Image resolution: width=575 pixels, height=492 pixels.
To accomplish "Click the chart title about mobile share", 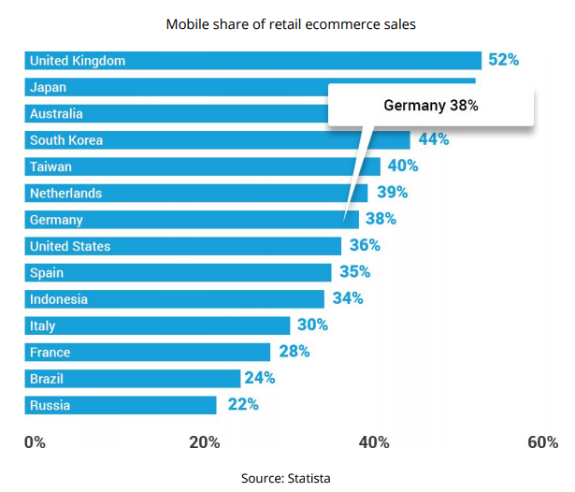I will pos(291,24).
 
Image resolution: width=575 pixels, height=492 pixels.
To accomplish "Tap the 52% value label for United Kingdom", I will pos(503,60).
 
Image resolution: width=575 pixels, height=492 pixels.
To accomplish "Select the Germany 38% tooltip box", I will pos(431,106).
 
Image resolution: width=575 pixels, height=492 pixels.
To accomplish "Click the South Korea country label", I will pos(66,140).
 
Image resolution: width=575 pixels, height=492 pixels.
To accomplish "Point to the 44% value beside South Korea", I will pos(434,139).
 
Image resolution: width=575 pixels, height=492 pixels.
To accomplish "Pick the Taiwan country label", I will pos(50,166).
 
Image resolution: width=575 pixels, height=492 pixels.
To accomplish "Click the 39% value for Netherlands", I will pos(393,193).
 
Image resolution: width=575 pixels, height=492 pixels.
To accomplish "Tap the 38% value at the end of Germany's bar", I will pos(381,219).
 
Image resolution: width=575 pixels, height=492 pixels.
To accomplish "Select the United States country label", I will pos(70,246).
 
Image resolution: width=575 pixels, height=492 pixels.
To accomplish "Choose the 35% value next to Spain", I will pos(354,272).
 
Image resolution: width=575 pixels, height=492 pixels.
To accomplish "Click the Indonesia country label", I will pos(59,299).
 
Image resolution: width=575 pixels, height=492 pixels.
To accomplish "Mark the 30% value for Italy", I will pos(312,326).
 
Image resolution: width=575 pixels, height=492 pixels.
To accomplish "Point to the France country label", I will pos(50,353).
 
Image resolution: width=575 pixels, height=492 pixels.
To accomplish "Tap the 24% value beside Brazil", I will pos(259,379).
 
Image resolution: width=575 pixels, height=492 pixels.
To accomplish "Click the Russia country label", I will pos(50,406).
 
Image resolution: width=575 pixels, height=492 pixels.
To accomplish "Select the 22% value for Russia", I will pos(242,405).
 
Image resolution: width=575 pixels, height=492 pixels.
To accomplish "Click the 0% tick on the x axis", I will pos(35,442).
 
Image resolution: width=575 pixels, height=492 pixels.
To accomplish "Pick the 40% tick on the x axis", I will pos(374,442).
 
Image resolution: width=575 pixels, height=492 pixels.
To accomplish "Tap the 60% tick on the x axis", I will pos(542,442).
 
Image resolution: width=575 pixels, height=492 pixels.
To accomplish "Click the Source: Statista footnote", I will pos(285,478).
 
